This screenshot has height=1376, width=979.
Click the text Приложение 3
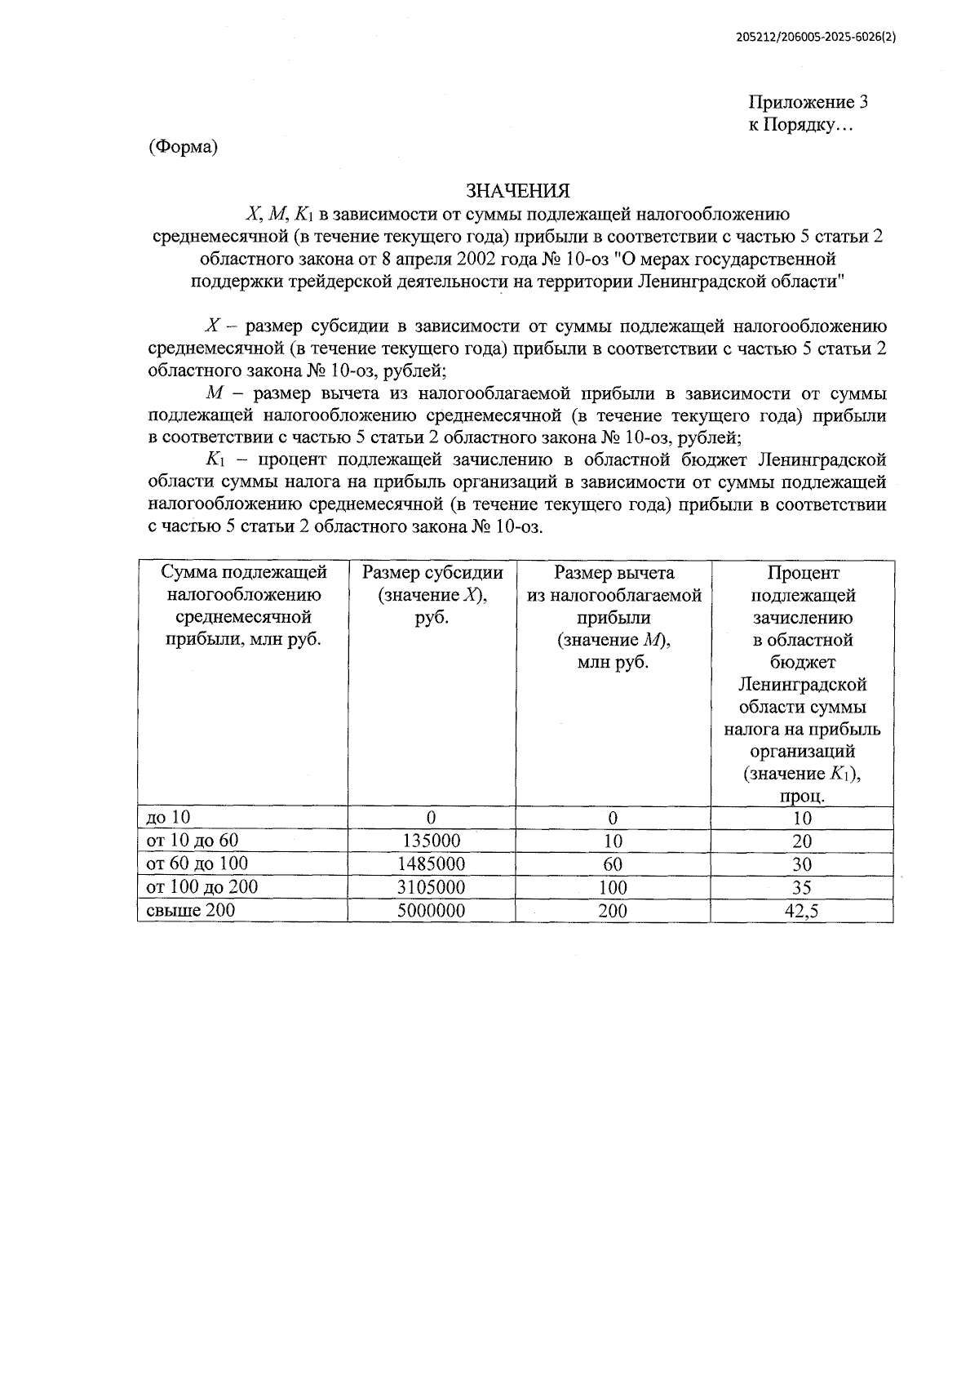(808, 103)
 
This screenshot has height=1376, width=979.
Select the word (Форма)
(183, 147)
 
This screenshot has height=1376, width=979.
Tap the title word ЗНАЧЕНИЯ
(517, 191)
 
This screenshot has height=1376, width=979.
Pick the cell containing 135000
(431, 841)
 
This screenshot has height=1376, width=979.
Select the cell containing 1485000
(431, 864)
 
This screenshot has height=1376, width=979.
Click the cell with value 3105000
(431, 887)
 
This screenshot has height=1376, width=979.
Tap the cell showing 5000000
(431, 911)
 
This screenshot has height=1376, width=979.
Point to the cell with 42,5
(802, 911)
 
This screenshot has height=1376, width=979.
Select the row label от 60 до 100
(197, 863)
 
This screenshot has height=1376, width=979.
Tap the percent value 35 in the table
(802, 887)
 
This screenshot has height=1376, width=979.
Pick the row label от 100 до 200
(202, 886)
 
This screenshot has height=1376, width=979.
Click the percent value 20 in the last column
(802, 841)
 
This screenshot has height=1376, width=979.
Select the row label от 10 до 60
(192, 841)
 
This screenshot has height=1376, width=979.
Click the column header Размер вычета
(614, 573)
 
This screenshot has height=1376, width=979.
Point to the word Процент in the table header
(803, 573)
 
